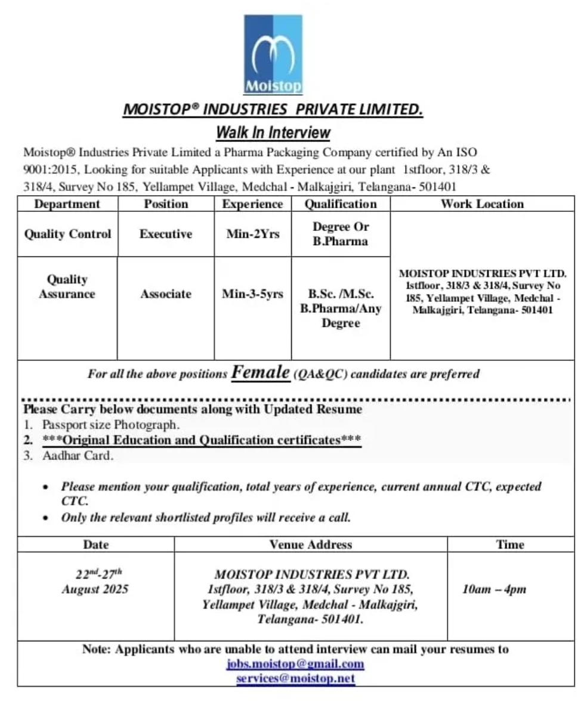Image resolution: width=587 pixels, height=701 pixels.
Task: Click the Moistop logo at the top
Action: (273, 54)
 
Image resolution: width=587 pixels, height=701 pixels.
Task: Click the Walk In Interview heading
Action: (273, 132)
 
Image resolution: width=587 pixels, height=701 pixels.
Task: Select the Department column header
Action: (67, 204)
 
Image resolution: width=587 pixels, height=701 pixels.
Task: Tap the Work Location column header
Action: (482, 204)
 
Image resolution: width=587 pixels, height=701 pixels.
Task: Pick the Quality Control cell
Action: (67, 234)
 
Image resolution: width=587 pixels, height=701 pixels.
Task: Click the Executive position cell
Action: (166, 234)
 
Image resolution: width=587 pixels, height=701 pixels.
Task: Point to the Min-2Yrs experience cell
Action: (253, 234)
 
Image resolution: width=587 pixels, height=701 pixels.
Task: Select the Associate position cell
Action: (166, 294)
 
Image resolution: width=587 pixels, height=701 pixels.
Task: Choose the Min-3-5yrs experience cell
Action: (253, 294)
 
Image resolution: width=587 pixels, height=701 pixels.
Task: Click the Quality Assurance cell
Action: (67, 286)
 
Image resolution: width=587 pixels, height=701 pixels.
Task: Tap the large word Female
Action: (260, 372)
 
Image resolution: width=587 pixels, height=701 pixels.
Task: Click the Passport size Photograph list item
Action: (110, 425)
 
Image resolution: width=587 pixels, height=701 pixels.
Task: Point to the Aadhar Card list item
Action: (78, 456)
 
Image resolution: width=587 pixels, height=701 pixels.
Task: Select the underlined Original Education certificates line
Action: (202, 440)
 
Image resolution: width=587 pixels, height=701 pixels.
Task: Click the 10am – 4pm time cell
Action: (494, 589)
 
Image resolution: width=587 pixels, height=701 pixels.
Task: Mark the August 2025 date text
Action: (95, 589)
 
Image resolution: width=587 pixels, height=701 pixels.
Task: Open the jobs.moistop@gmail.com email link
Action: (295, 663)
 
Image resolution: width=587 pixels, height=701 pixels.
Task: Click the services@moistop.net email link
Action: (295, 678)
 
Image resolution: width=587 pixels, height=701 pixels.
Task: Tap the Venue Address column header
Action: (311, 544)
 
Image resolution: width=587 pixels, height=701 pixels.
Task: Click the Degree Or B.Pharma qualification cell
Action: (341, 234)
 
